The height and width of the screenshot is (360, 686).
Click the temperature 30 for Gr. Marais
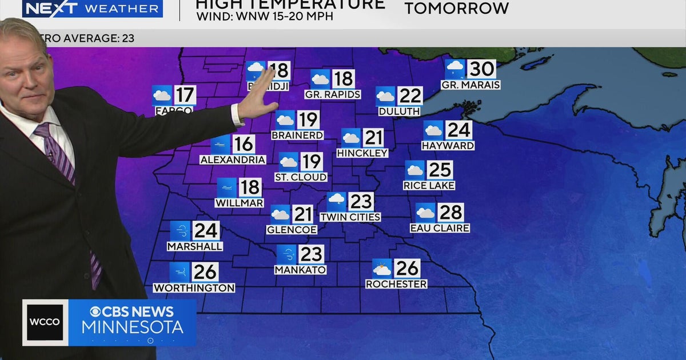click(481, 69)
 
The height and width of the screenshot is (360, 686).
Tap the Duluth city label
click(399, 111)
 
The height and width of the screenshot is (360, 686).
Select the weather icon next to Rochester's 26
click(382, 269)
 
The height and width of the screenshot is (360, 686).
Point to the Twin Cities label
click(350, 217)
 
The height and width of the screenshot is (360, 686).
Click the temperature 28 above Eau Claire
click(450, 213)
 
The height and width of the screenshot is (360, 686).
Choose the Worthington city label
click(194, 288)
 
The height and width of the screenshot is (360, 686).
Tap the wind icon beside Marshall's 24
click(180, 231)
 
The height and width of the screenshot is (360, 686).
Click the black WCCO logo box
click(45, 322)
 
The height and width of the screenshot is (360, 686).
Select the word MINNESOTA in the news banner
click(132, 327)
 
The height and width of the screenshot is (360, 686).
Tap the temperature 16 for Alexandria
click(244, 145)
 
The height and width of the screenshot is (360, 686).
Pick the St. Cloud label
click(301, 177)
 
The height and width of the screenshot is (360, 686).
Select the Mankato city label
click(300, 270)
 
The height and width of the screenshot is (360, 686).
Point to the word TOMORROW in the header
click(456, 8)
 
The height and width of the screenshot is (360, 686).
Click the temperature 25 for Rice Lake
click(440, 170)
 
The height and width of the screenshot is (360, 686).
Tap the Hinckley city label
click(362, 153)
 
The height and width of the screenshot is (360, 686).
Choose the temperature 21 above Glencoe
click(303, 214)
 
